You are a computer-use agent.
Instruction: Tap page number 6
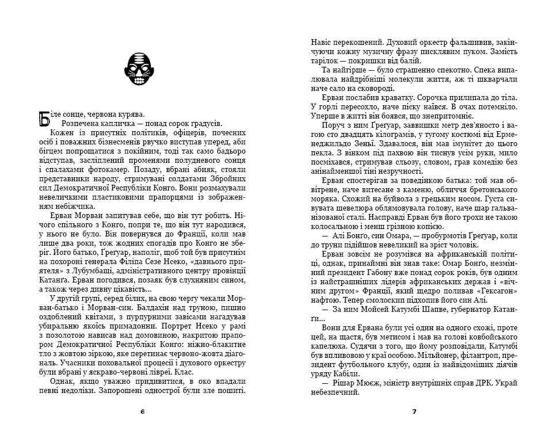pos(142,411)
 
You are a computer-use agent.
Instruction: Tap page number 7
pos(414,411)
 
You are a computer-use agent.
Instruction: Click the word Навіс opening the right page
pos(322,43)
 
